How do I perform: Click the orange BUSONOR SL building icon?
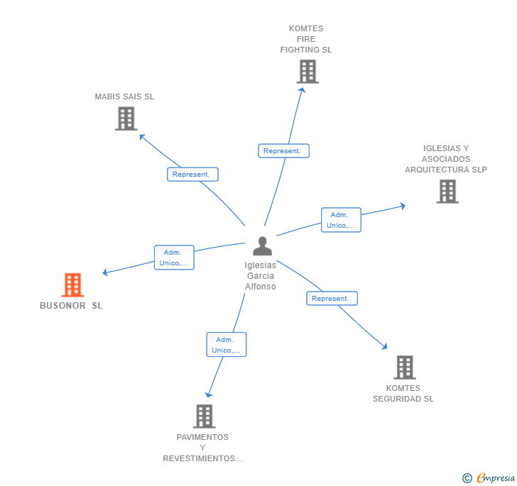[x=73, y=285]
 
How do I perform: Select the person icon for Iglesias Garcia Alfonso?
[x=263, y=245]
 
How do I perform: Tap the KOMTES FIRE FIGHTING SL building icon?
[x=308, y=72]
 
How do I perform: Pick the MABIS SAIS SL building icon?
[x=126, y=118]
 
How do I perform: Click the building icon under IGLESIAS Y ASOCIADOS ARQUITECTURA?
[x=447, y=192]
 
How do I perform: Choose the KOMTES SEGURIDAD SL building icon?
[x=405, y=368]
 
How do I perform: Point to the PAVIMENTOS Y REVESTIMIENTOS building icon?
[x=205, y=416]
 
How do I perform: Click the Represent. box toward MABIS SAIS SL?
[x=192, y=175]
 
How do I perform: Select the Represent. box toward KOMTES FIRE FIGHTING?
[x=283, y=151]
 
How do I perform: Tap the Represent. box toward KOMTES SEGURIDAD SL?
[x=332, y=298]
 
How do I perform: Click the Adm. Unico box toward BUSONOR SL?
[x=174, y=258]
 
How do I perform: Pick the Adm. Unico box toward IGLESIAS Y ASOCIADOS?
[x=342, y=220]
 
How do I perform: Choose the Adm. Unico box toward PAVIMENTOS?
[x=227, y=345]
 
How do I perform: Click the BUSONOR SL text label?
[x=71, y=306]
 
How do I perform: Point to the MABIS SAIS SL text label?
[x=124, y=96]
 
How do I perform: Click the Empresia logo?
[x=489, y=477]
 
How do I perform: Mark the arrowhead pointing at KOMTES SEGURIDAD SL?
[x=384, y=346]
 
